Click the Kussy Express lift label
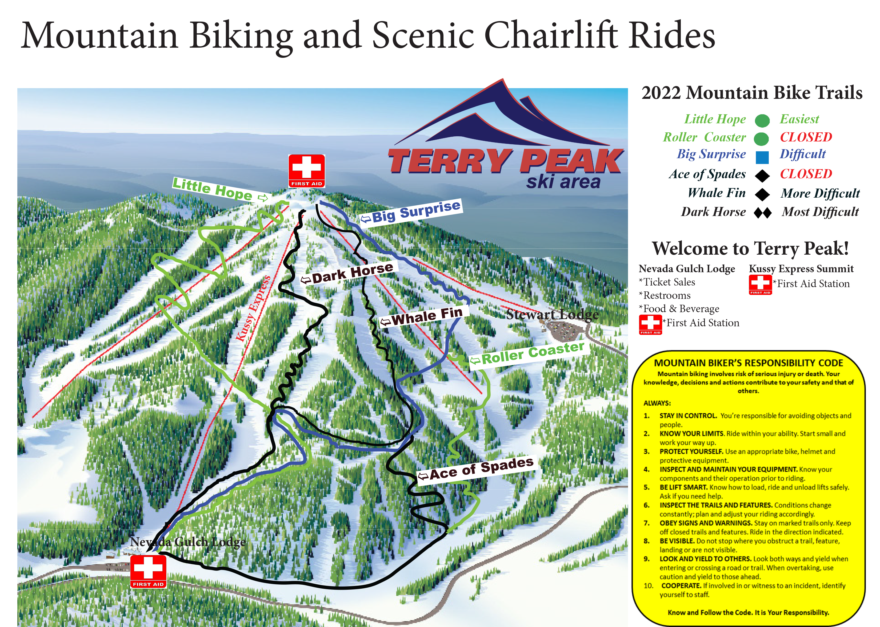click(x=253, y=309)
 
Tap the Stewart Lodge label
click(x=552, y=315)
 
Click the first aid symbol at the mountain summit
click(x=306, y=171)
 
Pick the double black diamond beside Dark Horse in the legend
click(x=762, y=213)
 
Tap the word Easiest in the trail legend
click(x=799, y=119)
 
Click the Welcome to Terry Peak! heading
click(x=750, y=248)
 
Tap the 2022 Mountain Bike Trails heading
click(x=752, y=93)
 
